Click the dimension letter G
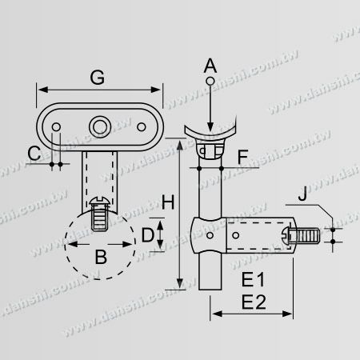pos(98,78)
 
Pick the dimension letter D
pos(147,236)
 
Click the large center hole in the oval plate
pos(100,126)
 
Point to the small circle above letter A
pos(210,82)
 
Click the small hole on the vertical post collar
pos(210,237)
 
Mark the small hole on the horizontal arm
pos(236,237)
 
